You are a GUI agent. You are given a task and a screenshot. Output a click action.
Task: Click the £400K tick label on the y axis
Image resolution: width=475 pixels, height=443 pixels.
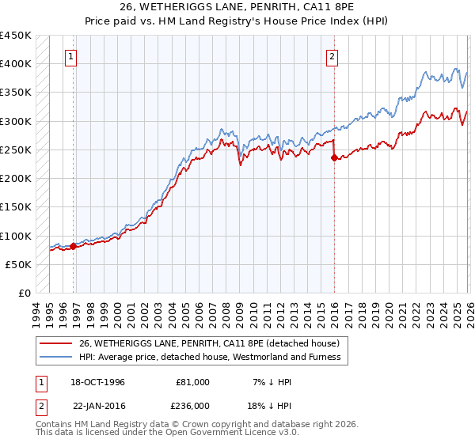[x=16, y=64]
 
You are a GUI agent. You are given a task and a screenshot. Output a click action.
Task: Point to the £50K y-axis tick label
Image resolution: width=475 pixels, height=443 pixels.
[x=18, y=264]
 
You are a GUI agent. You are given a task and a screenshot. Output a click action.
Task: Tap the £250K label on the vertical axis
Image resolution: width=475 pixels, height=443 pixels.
[x=16, y=150]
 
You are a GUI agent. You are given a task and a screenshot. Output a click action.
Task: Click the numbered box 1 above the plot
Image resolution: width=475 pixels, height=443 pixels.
[x=72, y=56]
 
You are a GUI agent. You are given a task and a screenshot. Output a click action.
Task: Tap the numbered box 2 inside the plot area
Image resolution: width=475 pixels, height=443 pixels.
[x=332, y=56]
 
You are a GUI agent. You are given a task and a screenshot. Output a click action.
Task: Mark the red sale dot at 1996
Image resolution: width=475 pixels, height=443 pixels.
[x=74, y=246]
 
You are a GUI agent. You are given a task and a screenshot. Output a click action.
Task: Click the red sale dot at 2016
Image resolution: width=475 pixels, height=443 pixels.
[x=334, y=157]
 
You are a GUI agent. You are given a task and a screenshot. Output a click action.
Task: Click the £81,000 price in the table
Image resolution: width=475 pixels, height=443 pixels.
[x=192, y=382]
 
